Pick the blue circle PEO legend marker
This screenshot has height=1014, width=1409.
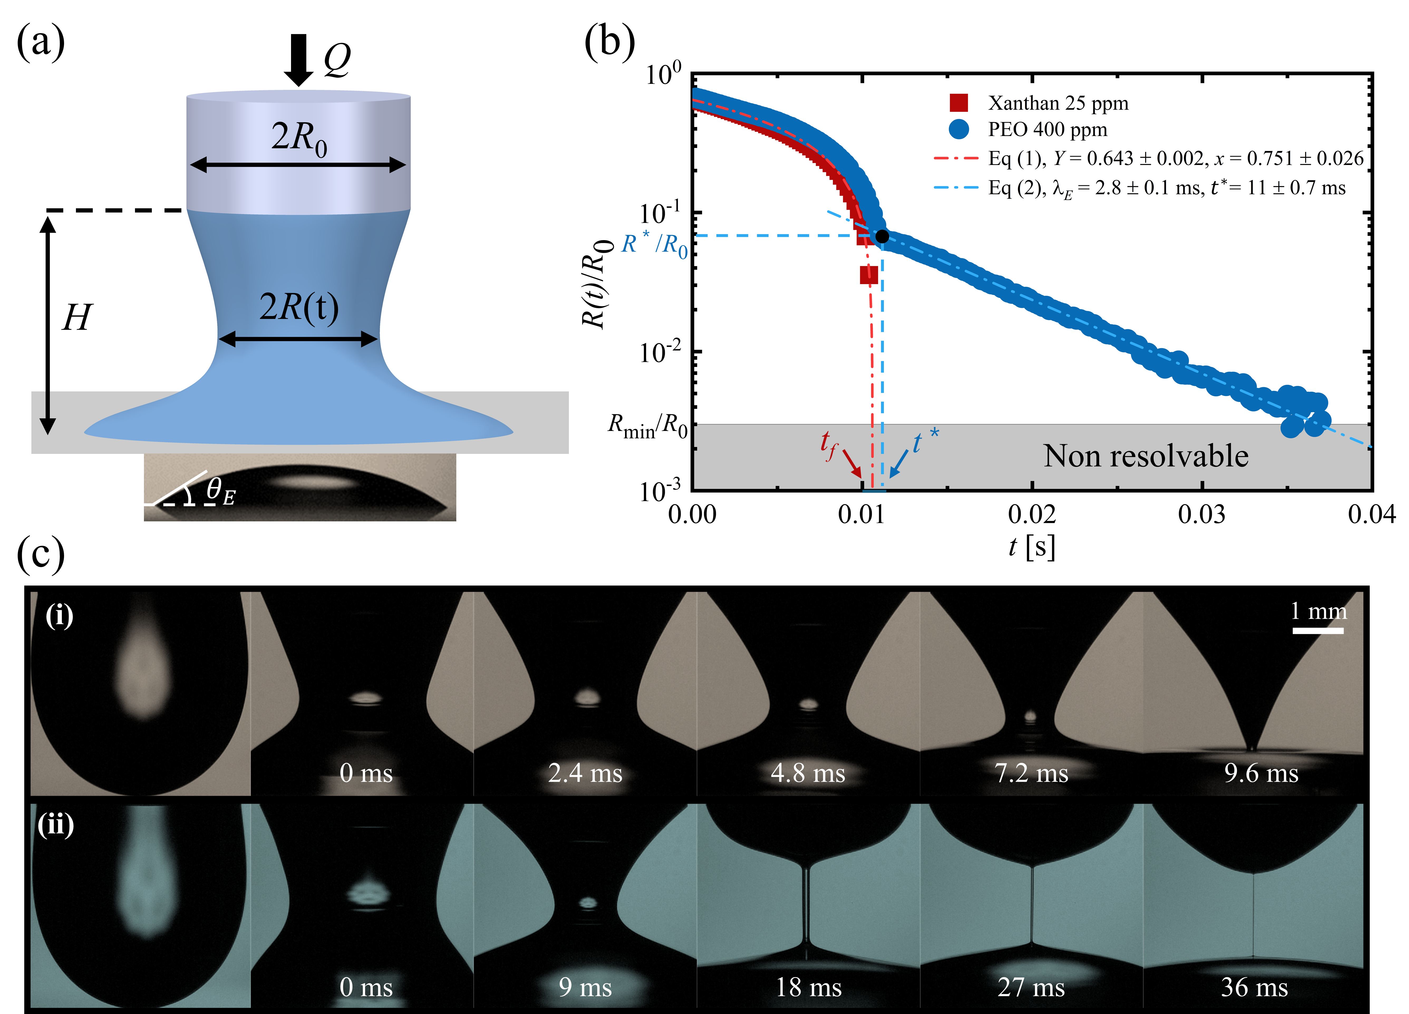tap(958, 129)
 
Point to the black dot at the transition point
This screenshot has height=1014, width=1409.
tap(882, 236)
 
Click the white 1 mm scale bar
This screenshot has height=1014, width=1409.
tap(1318, 631)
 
